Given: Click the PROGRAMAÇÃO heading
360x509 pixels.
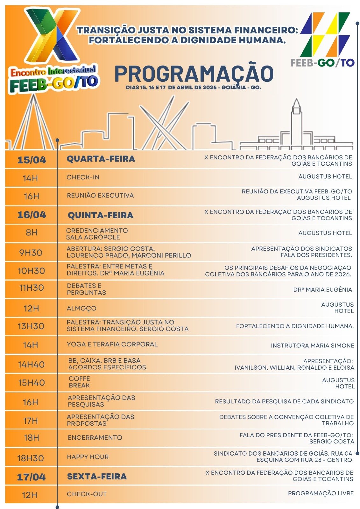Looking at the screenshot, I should click(194, 74).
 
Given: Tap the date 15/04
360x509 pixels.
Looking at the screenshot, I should click(32, 160).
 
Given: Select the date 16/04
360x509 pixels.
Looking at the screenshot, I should click(32, 215).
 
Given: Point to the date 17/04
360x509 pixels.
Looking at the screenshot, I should click(31, 477).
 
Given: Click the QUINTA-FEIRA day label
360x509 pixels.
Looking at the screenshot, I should click(100, 215).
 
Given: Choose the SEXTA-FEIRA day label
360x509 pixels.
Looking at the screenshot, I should click(97, 477).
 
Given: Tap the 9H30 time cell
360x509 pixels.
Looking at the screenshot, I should click(31, 253).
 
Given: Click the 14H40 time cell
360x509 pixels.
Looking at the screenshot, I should click(31, 365).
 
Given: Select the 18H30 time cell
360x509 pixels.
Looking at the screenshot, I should click(31, 458).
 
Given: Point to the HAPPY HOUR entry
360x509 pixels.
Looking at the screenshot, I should click(88, 457).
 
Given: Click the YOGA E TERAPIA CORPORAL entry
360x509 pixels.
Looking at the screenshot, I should click(112, 344).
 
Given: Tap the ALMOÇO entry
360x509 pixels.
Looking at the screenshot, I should click(81, 308).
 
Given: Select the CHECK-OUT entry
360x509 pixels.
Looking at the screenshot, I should click(87, 494).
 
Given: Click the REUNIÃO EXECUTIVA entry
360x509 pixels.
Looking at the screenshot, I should click(100, 195).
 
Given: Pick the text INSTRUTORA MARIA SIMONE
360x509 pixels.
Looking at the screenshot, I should click(312, 345).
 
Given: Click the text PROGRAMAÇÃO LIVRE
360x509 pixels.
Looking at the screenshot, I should click(321, 493).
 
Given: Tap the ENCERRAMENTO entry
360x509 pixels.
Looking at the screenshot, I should click(95, 438).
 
